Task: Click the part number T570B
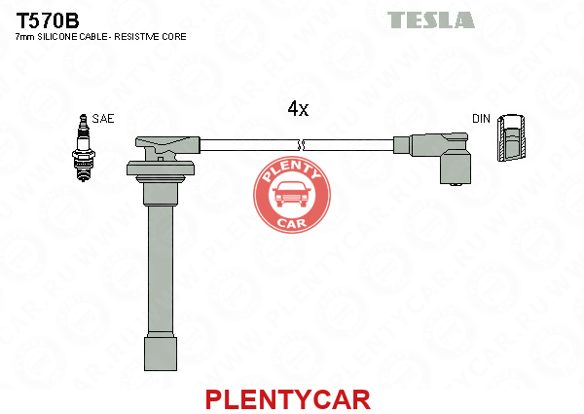tap(48, 20)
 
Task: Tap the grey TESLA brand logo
tap(431, 20)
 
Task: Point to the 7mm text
tap(24, 37)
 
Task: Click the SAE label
tap(103, 119)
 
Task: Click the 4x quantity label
tap(298, 109)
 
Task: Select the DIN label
tap(481, 119)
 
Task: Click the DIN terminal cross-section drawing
tap(512, 138)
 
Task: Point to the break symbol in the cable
tap(302, 145)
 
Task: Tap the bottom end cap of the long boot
tap(161, 354)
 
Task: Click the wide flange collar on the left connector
tap(161, 169)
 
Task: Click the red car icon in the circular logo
tap(292, 195)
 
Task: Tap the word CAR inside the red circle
tap(292, 223)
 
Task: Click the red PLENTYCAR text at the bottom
tap(288, 399)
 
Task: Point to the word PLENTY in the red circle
tap(291, 171)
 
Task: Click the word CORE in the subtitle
tap(174, 37)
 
